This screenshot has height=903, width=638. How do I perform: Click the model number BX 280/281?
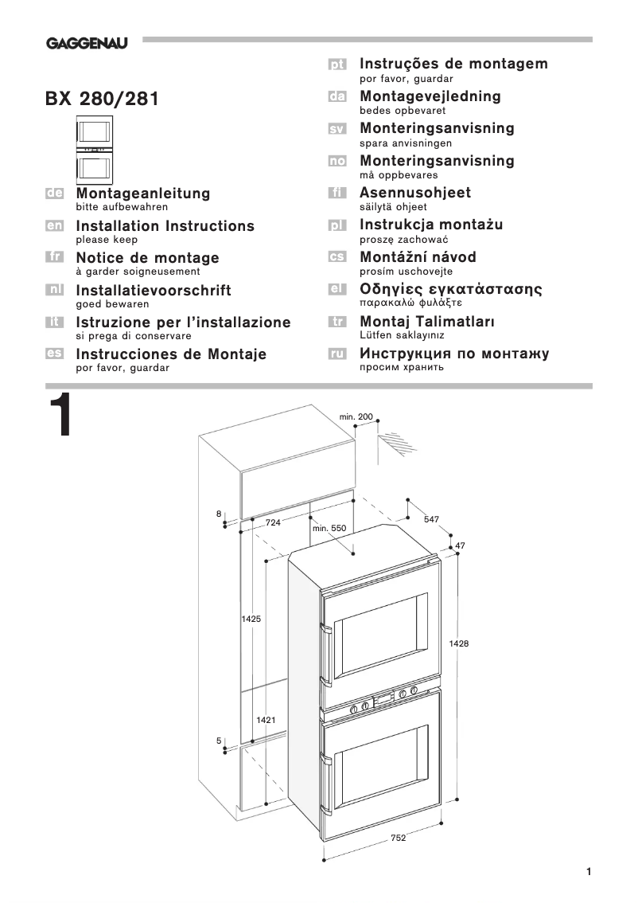(x=101, y=100)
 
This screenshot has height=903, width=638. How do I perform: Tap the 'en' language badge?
(x=55, y=226)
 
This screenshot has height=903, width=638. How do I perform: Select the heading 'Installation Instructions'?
(x=165, y=226)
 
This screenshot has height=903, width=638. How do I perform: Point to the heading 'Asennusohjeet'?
(x=415, y=193)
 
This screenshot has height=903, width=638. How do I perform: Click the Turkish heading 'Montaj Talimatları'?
(x=427, y=322)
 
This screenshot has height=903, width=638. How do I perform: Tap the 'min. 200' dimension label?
(x=356, y=417)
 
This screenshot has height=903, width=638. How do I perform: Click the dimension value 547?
(x=431, y=519)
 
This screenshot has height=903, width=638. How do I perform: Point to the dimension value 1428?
(x=459, y=643)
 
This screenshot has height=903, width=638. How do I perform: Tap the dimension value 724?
(x=273, y=522)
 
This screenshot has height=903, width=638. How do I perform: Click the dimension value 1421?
(x=266, y=719)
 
